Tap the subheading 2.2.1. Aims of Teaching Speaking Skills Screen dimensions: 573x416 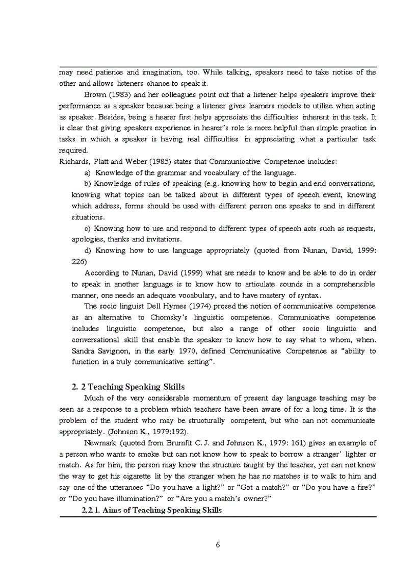151,510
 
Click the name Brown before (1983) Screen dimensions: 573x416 95,94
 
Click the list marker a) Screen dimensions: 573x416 87,172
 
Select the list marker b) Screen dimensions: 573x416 87,183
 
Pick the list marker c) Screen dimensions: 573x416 87,228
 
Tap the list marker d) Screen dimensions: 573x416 87,250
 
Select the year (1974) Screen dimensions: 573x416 194,306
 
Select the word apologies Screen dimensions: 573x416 88,239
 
